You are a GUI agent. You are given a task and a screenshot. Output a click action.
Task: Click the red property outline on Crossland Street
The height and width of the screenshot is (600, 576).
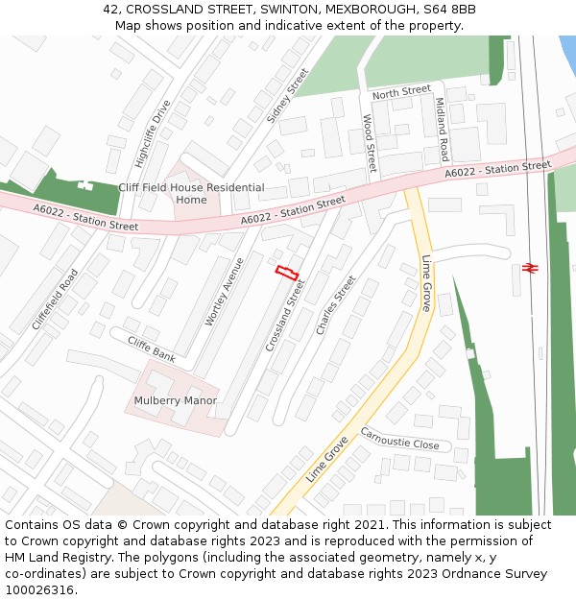tap(287, 273)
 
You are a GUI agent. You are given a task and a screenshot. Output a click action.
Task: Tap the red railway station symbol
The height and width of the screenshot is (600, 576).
tap(529, 267)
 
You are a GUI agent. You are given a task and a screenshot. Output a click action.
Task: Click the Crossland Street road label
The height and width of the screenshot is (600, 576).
tap(284, 315)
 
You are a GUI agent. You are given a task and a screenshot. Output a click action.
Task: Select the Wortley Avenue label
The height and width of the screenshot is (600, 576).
tap(219, 291)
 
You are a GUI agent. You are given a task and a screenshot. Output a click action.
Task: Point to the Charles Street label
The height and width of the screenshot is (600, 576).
tap(336, 305)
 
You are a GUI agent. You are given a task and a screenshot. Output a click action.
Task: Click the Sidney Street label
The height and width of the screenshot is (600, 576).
tap(288, 96)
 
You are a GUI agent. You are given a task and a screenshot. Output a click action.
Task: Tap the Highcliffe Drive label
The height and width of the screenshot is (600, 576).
tap(153, 133)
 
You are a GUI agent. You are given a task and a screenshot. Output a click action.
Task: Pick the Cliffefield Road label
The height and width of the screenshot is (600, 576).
tap(55, 300)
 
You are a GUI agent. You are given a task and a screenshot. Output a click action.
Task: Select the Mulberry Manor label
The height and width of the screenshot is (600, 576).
tap(176, 400)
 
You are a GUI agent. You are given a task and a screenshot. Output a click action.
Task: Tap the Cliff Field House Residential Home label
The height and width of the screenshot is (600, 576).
tap(191, 194)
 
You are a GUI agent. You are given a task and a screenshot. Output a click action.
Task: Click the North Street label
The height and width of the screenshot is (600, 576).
tap(401, 92)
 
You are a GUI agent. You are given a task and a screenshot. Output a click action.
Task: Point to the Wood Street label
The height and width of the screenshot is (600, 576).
tap(369, 143)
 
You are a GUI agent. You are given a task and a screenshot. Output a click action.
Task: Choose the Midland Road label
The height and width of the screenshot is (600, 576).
tap(442, 129)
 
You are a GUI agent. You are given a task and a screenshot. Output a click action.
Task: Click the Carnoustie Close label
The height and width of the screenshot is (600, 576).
tap(399, 439)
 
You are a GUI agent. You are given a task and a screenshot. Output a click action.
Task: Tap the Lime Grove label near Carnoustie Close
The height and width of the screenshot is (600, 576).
tap(327, 459)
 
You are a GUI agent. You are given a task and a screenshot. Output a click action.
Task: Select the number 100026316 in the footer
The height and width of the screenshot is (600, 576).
tap(41, 590)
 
